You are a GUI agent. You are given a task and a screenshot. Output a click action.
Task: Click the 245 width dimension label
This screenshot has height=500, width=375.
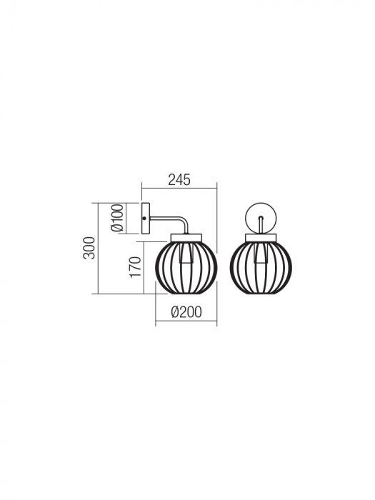click(180, 180)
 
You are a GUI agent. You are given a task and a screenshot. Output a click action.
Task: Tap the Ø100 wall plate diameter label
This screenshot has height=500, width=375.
click(119, 217)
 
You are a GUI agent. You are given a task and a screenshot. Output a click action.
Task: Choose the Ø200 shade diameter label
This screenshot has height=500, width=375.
click(186, 311)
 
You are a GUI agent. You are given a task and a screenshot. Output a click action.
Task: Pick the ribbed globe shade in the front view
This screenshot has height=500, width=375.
click(260, 266)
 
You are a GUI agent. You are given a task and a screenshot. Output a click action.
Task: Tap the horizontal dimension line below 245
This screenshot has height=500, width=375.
click(180, 189)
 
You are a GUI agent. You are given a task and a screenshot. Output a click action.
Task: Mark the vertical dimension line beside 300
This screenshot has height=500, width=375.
click(97, 247)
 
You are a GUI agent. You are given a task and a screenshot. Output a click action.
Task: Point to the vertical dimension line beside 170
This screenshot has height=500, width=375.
click(145, 268)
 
